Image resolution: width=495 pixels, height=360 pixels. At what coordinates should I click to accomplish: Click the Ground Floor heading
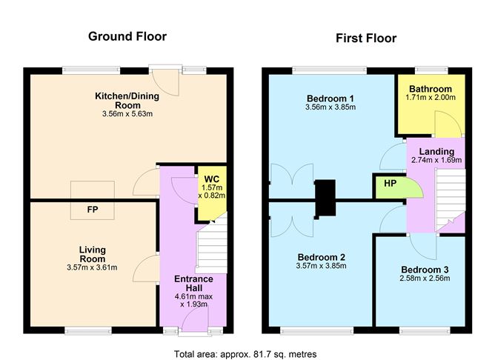pos(127,36)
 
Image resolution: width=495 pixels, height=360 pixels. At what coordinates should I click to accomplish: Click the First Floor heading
pos(365,38)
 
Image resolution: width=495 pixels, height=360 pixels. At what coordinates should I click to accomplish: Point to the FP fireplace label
pos(93,210)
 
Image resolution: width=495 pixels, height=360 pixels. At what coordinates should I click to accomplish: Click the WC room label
pos(210,179)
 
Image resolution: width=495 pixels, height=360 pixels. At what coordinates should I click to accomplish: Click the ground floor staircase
pos(212,248)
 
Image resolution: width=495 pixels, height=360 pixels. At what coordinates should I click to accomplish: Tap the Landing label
pos(436,152)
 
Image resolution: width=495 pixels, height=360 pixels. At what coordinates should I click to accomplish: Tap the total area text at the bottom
pos(245,354)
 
